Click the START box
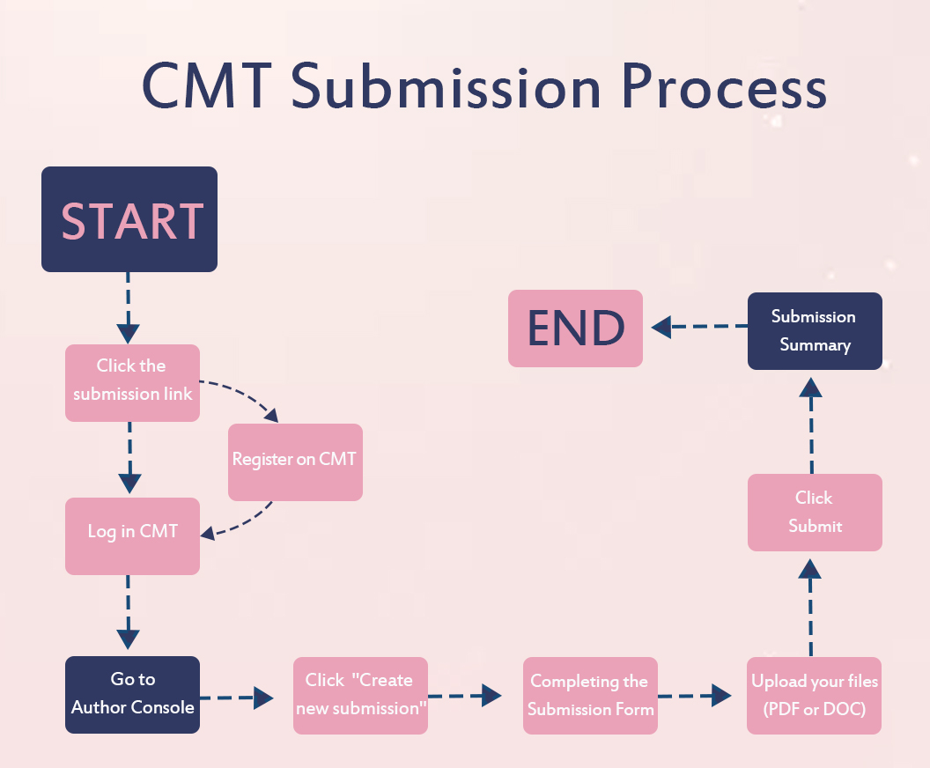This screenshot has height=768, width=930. tap(129, 219)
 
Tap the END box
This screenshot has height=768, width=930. tap(575, 329)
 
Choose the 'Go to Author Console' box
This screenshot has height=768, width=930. tap(132, 694)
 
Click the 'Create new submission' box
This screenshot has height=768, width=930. tap(360, 695)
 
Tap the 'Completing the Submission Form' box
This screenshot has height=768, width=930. tap(590, 696)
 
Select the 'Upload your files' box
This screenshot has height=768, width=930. tap(814, 696)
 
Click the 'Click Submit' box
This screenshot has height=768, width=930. tap(815, 513)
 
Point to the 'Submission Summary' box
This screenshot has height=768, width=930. tap(815, 331)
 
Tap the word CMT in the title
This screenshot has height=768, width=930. tap(207, 88)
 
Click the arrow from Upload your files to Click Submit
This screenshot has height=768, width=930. tap(810, 608)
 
